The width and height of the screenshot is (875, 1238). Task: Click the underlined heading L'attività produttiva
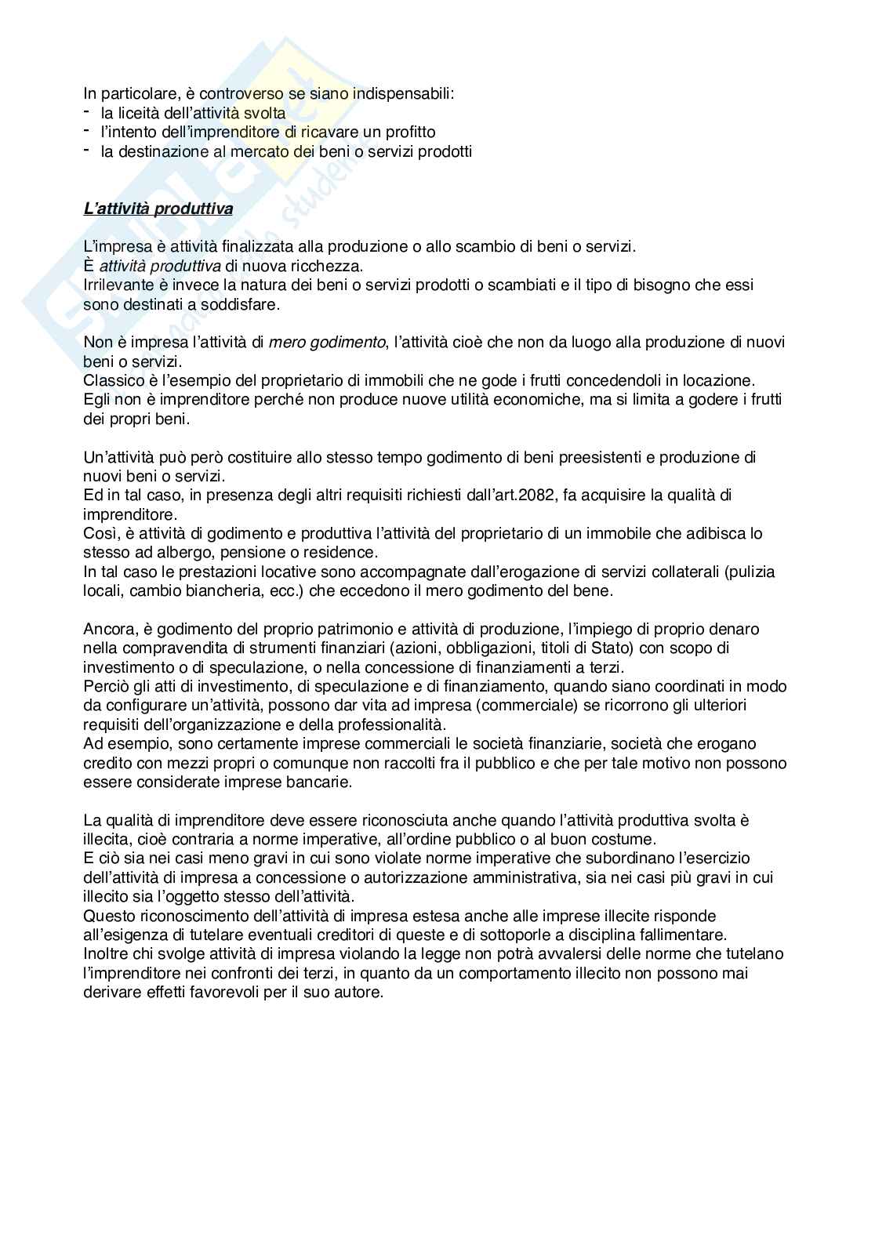[x=158, y=209]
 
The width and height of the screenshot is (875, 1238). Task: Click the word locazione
[x=719, y=381]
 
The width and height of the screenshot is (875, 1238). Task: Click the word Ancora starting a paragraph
[x=107, y=630]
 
